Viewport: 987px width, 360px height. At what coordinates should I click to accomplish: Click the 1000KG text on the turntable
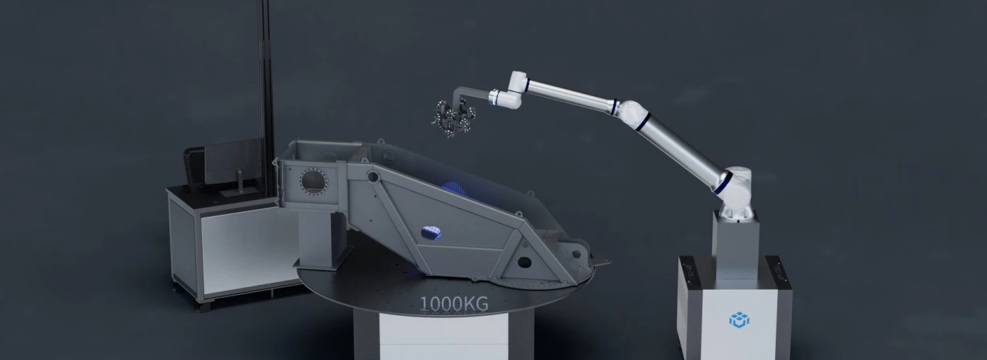click(x=454, y=304)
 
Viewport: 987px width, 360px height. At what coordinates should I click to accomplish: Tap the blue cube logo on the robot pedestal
click(x=739, y=320)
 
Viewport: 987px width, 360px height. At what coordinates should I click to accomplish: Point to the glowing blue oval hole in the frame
click(x=431, y=232)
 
